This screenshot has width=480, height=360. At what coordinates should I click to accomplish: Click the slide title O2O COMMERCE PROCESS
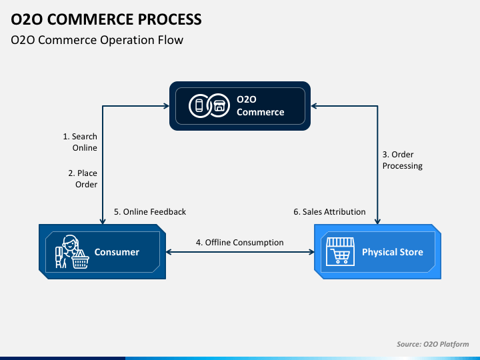(106, 19)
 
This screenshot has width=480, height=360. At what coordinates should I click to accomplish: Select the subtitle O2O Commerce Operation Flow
(97, 40)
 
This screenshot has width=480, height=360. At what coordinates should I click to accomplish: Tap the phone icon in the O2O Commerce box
(199, 105)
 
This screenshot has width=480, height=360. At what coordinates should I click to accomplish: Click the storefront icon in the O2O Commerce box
(219, 105)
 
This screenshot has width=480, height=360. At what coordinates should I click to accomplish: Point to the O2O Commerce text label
(260, 105)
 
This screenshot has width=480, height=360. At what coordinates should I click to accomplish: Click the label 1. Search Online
(80, 142)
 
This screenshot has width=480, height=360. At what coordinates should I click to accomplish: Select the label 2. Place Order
(83, 179)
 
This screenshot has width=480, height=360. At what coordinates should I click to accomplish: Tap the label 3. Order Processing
(403, 160)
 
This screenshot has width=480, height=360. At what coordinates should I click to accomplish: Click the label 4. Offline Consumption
(240, 243)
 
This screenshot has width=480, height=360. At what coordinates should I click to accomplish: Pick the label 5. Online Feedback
(150, 212)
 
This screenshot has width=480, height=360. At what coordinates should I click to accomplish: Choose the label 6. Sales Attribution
(329, 212)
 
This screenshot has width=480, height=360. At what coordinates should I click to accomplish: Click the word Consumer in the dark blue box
(117, 252)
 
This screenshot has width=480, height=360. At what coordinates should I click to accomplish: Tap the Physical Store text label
(393, 252)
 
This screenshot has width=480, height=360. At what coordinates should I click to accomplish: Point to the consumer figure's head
(70, 243)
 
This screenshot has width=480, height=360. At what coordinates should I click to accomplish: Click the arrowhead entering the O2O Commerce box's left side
(167, 106)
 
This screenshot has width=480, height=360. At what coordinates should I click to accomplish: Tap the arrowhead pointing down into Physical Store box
(377, 221)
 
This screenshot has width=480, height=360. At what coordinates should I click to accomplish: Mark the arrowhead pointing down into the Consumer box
(103, 221)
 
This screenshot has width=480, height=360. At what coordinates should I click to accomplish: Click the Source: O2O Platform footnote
(433, 344)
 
